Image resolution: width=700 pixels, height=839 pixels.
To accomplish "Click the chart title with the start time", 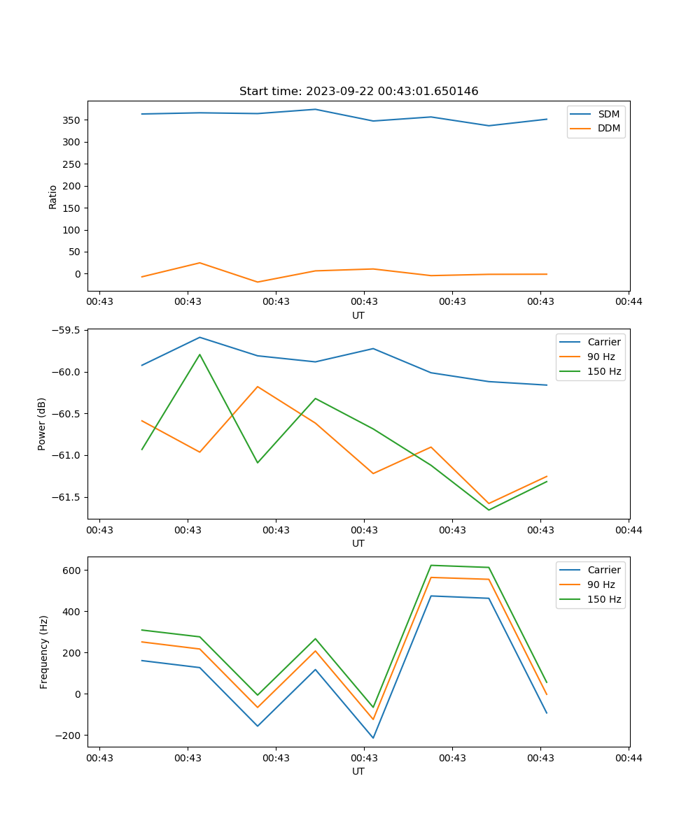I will pos(358,92).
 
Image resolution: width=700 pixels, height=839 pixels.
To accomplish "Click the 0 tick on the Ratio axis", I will pos(78,274).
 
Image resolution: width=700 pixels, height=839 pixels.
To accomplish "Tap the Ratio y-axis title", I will pos(53,196).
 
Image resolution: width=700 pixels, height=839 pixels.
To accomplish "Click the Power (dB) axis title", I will pos(42,424).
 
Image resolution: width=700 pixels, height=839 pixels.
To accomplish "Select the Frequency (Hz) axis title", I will pos(44,652).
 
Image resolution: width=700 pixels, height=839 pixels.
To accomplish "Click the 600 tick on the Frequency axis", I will pos(72,571).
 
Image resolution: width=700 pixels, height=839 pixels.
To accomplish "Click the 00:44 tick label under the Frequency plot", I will pos(628,757).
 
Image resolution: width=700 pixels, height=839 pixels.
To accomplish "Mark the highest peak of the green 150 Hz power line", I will pos(199,354).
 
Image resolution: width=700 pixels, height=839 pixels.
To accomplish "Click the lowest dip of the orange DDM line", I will pos(258,282).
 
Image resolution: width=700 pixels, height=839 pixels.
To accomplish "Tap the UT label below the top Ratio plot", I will pos(358,315).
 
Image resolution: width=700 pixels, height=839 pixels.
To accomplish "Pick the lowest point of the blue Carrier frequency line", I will pos(373,738).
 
